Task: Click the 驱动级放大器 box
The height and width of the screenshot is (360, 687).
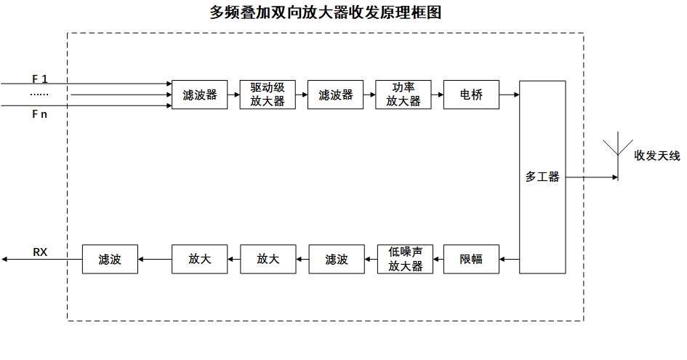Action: (268, 95)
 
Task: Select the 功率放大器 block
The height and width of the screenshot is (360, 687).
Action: (403, 95)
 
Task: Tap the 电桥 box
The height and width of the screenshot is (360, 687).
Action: (471, 95)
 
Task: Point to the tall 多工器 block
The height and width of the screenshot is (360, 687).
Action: (542, 177)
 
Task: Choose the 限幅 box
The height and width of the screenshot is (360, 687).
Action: (471, 259)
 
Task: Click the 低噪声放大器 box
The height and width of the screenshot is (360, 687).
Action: (405, 259)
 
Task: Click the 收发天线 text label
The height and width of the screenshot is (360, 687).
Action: (657, 156)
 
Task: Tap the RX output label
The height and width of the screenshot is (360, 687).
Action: (41, 252)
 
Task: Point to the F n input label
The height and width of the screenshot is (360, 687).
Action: (40, 114)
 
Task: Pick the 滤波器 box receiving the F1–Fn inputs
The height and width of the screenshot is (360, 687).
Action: (199, 95)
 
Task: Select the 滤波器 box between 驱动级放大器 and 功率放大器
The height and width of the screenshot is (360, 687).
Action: (335, 95)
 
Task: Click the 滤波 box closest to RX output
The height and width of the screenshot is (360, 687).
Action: (110, 259)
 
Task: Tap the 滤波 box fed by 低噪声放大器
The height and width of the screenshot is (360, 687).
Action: (337, 259)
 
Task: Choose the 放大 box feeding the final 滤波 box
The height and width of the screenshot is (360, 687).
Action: (199, 259)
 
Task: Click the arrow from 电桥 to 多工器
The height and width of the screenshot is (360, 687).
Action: (509, 95)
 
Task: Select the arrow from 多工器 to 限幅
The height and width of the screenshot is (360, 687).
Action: (509, 259)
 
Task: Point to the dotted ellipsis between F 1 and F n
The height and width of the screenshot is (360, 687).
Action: (39, 95)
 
